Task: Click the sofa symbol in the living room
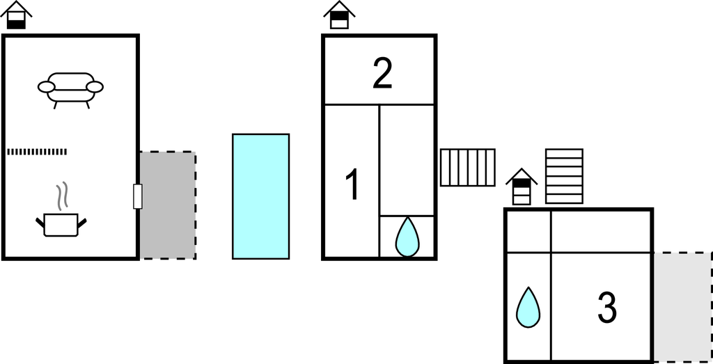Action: (70, 88)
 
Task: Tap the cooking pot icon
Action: (61, 224)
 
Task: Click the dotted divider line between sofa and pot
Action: (37, 151)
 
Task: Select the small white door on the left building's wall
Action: (138, 196)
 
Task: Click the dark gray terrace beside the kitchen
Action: (168, 205)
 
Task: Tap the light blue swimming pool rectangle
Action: (260, 196)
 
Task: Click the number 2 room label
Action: (382, 74)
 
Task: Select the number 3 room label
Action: (607, 308)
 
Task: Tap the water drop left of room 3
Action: (528, 307)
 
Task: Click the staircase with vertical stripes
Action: (467, 167)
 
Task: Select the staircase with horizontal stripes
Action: (564, 176)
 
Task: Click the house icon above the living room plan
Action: (16, 15)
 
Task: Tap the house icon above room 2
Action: (339, 15)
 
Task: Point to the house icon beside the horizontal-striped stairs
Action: (522, 187)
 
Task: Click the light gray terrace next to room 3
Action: (682, 306)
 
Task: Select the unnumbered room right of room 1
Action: (407, 159)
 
